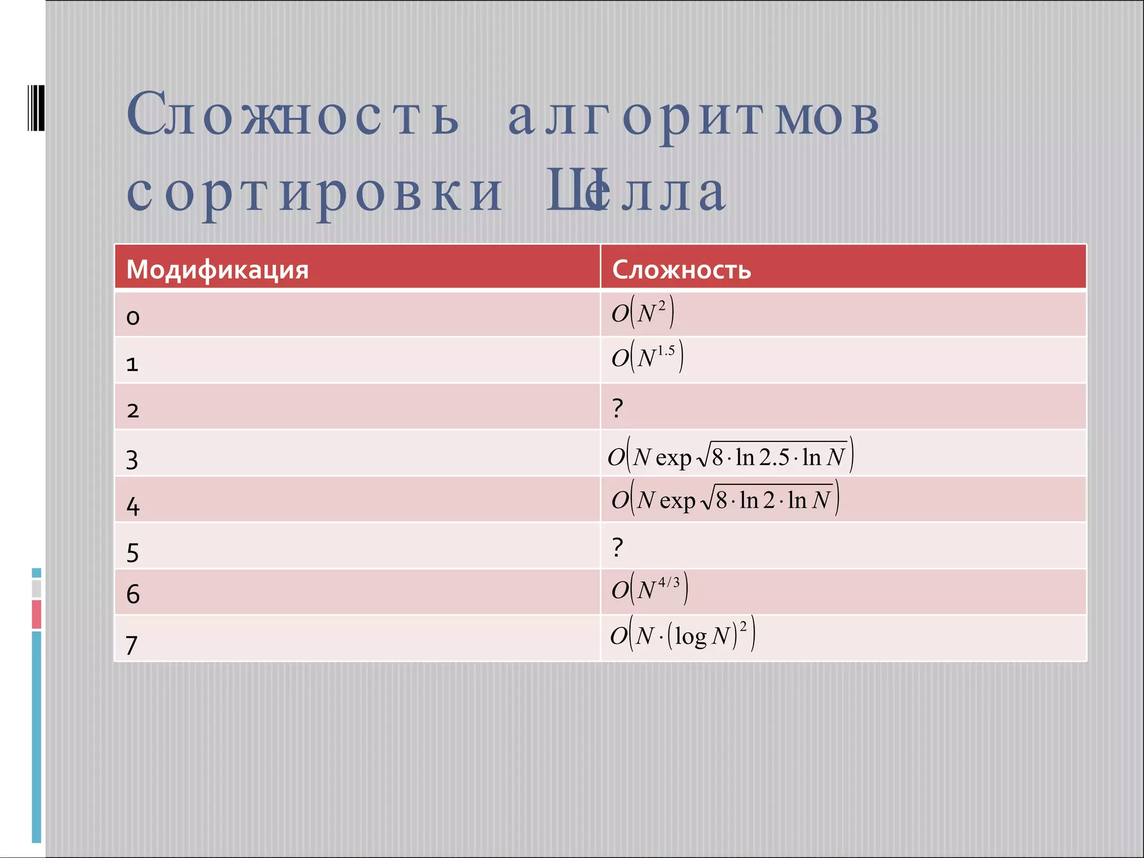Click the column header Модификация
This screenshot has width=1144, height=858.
(x=217, y=270)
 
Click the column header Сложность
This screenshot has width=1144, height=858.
(x=681, y=270)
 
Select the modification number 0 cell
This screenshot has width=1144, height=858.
(x=133, y=317)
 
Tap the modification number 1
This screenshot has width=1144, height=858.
(x=132, y=364)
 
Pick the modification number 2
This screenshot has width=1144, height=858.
(x=133, y=411)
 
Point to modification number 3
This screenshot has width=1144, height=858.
(x=132, y=460)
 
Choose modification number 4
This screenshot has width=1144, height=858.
(x=133, y=506)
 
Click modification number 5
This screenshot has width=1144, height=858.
(x=132, y=553)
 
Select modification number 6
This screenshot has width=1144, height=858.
(x=133, y=594)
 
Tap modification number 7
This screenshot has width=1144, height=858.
(x=132, y=645)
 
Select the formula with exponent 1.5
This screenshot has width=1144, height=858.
(x=647, y=357)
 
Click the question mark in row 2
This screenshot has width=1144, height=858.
(x=617, y=408)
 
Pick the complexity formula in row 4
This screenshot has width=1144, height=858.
(x=725, y=499)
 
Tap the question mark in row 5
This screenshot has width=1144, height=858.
(x=617, y=547)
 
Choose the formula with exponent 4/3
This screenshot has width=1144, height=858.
(x=649, y=589)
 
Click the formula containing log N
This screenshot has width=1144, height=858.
(x=682, y=635)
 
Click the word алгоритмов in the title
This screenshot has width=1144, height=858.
(x=693, y=116)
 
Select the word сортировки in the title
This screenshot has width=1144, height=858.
(x=314, y=193)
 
